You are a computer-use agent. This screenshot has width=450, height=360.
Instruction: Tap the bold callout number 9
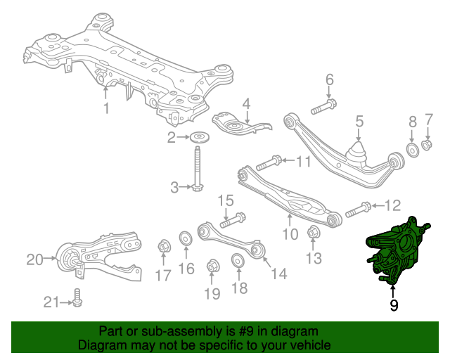click(x=394, y=305)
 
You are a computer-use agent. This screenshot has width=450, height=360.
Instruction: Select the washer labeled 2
click(x=200, y=138)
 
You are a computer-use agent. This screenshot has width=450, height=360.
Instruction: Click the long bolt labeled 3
click(x=197, y=169)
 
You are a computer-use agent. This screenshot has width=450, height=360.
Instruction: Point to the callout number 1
click(x=106, y=108)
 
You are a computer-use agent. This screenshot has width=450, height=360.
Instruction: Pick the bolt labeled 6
click(x=323, y=107)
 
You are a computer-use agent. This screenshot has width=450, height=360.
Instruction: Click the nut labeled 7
click(x=427, y=144)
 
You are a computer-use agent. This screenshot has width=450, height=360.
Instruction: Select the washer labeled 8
click(x=413, y=150)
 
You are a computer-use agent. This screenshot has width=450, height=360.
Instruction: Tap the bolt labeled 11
click(x=269, y=163)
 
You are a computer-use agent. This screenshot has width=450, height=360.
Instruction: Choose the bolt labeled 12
click(x=359, y=210)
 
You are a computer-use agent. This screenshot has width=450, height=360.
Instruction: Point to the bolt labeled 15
click(x=233, y=220)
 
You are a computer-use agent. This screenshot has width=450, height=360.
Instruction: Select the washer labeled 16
click(x=186, y=239)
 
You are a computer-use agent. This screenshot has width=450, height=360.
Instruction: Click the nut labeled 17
click(x=164, y=246)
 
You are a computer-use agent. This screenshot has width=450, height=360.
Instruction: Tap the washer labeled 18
click(x=238, y=260)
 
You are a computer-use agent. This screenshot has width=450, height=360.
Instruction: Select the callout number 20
click(x=34, y=259)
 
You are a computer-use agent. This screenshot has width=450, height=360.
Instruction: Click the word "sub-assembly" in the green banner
click(x=181, y=331)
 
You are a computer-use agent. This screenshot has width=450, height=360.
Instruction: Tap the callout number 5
click(x=359, y=121)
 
